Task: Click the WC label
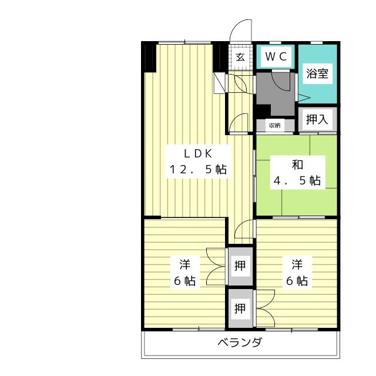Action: (x=276, y=56)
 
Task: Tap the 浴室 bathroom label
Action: (x=317, y=73)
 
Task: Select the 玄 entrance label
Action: (x=240, y=57)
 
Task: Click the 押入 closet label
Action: (x=317, y=119)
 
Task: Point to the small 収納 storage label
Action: (x=275, y=125)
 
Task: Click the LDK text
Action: (x=198, y=153)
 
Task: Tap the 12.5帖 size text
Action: (x=198, y=170)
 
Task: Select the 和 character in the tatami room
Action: (x=297, y=164)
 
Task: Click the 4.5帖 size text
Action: (x=297, y=180)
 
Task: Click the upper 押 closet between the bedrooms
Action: (x=240, y=266)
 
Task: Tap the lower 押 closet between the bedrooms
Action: (x=240, y=308)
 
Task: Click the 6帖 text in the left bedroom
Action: (x=184, y=281)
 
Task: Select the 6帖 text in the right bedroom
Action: (x=297, y=281)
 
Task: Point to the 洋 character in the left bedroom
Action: (x=185, y=265)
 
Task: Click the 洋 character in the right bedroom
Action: (x=297, y=265)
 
